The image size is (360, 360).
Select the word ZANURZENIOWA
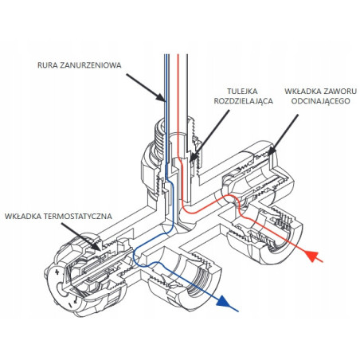click(x=91, y=65)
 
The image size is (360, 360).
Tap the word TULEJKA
click(x=242, y=92)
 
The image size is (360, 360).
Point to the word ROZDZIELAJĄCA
click(x=244, y=101)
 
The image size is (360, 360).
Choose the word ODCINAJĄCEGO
click(x=321, y=101)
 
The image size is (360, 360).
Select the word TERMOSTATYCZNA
click(x=78, y=216)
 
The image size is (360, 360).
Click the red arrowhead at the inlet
click(x=313, y=256)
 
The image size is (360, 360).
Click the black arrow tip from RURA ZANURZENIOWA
click(x=166, y=101)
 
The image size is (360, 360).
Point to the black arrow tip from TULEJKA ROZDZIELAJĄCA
click(x=191, y=161)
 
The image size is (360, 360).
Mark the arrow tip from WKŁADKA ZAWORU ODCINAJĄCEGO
click(x=268, y=155)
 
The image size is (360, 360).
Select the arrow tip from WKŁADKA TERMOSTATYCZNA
click(x=100, y=250)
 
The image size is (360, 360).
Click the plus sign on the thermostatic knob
click(x=57, y=272)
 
